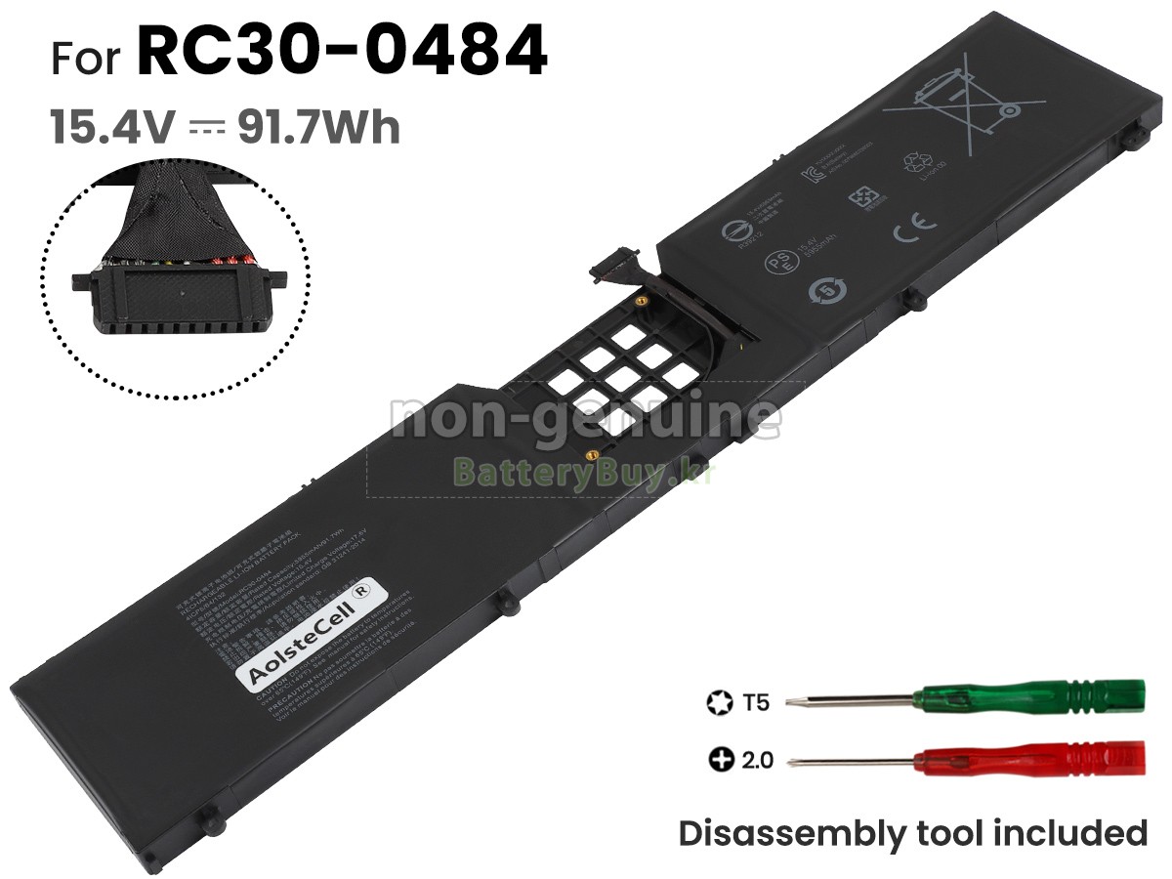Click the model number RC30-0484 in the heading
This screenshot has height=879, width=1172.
point(341,54)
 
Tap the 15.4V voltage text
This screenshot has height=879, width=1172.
point(113,127)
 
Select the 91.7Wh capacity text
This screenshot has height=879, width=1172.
point(318,127)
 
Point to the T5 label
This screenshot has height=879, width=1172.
point(756,701)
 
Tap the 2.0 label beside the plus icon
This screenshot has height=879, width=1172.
point(756,759)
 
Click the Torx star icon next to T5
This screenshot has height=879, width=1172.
point(718,701)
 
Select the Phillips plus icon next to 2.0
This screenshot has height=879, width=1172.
point(720,759)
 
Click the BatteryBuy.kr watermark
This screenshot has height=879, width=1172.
point(584,474)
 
